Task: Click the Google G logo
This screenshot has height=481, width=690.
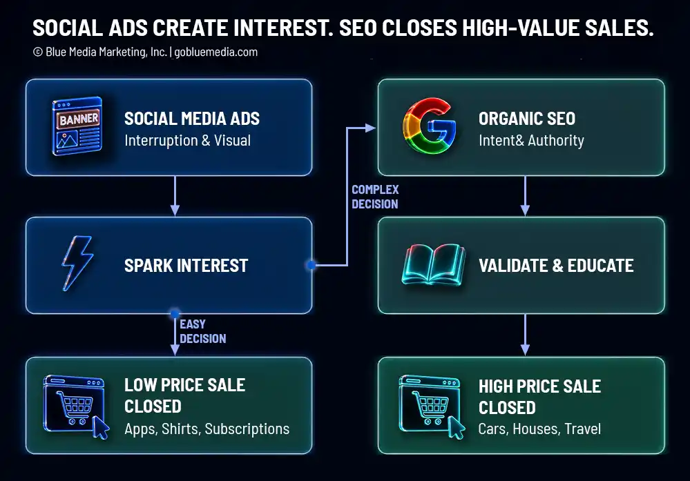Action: pos(430,126)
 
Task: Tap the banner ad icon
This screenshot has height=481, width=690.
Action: pos(77,126)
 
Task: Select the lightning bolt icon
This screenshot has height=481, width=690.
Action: pos(77,264)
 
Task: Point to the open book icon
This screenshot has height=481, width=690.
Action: pos(434,265)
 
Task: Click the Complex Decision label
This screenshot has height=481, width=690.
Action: pos(375,197)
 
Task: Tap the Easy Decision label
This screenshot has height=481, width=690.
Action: pos(203,331)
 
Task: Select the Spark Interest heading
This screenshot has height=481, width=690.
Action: pos(186,266)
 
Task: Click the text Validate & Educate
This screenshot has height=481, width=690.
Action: pos(556,266)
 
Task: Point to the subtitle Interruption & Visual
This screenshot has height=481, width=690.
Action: pos(187,140)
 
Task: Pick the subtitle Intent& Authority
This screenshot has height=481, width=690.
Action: pos(531,140)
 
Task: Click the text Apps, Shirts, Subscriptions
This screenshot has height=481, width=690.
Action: pos(207,429)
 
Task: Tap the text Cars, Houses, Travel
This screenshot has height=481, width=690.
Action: pos(539,429)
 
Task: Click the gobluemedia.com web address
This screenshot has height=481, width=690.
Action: pos(215,52)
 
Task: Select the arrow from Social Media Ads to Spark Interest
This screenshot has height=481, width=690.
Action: pos(175,196)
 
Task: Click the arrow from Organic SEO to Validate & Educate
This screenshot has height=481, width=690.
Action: pos(525,196)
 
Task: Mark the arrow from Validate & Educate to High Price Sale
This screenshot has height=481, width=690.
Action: pos(525,335)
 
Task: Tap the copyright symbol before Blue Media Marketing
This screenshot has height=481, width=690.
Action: pos(38,52)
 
